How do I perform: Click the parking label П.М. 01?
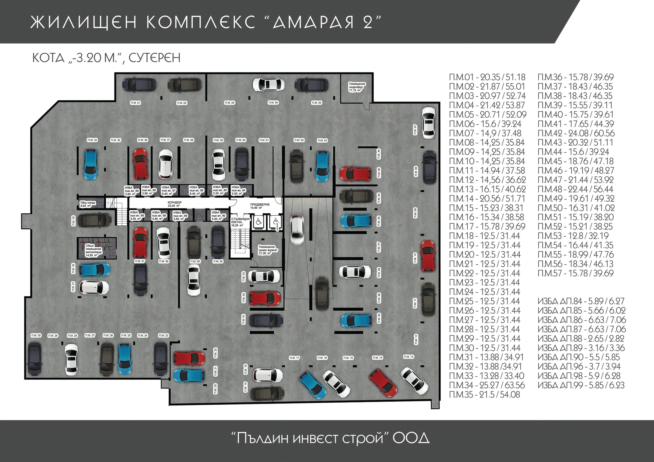pyautogui.click(x=135, y=103)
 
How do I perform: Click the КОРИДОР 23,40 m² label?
pyautogui.click(x=174, y=204)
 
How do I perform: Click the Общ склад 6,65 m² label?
pyautogui.click(x=88, y=204)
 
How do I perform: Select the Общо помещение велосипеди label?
pyautogui.click(x=93, y=250)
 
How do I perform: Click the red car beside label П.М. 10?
pyautogui.click(x=428, y=255)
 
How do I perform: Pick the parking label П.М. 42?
pyautogui.click(x=299, y=140)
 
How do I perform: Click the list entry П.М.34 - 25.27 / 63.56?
pyautogui.click(x=487, y=385)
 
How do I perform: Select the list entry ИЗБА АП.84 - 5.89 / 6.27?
pyautogui.click(x=581, y=301)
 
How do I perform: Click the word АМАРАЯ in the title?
pyautogui.click(x=313, y=22)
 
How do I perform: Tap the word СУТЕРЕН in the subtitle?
pyautogui.click(x=155, y=58)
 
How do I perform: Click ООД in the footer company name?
pyautogui.click(x=411, y=438)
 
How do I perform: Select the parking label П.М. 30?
pyautogui.click(x=36, y=335)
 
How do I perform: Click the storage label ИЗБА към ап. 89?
pyautogui.click(x=132, y=191)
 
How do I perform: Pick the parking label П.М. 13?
pyautogui.click(x=408, y=357)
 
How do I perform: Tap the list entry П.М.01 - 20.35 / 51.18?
pyautogui.click(x=487, y=77)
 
